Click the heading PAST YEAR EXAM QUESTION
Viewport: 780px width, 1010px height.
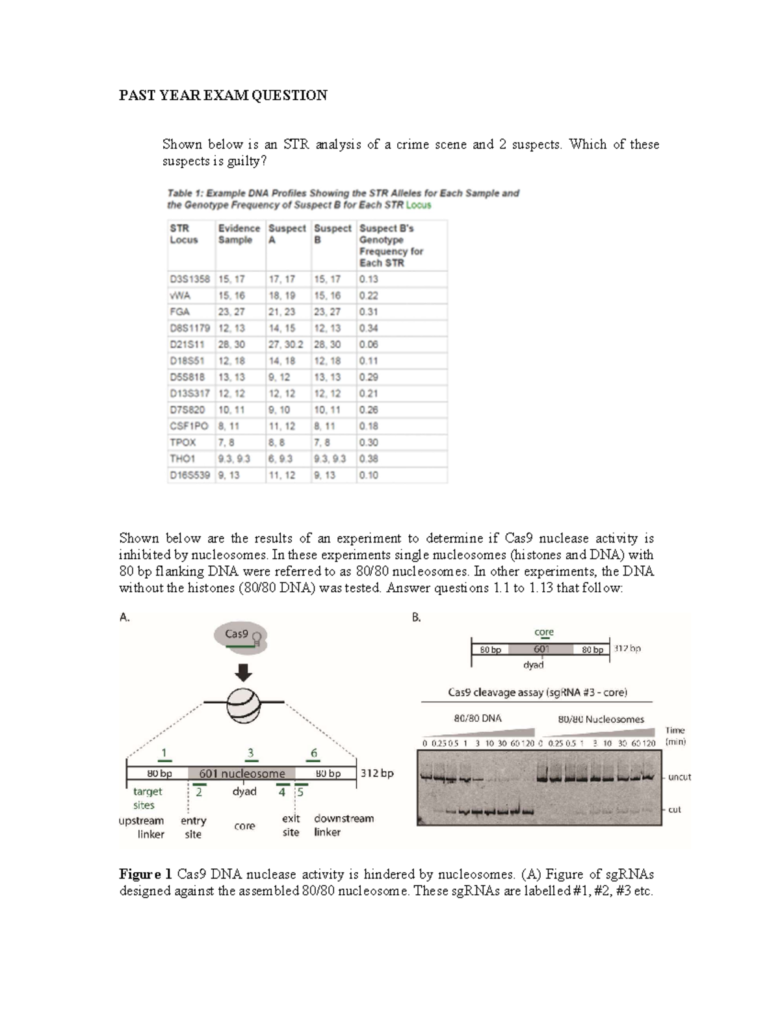coord(223,96)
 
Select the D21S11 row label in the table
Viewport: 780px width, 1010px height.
coord(187,345)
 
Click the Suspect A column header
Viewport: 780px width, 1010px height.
coord(287,234)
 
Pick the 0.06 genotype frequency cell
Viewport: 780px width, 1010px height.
coord(369,345)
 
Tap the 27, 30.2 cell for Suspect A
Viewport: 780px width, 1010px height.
coord(287,345)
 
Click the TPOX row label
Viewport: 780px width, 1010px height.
coord(183,442)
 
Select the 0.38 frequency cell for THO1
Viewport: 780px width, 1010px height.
coord(369,458)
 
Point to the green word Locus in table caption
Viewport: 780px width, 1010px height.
coord(418,205)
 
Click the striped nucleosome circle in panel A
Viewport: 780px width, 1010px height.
coord(244,702)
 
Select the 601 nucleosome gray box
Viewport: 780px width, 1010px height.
coord(242,773)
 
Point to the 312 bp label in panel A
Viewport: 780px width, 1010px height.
coord(377,773)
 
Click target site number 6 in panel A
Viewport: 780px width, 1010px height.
coord(314,753)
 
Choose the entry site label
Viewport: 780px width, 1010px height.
coord(193,827)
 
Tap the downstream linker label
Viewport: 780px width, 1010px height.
coord(343,825)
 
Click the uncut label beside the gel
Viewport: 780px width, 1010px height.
coord(679,777)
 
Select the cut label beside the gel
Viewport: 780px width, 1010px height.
coord(675,810)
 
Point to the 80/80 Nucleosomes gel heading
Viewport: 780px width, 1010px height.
coord(601,719)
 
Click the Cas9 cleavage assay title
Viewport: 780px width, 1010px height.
coord(537,692)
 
